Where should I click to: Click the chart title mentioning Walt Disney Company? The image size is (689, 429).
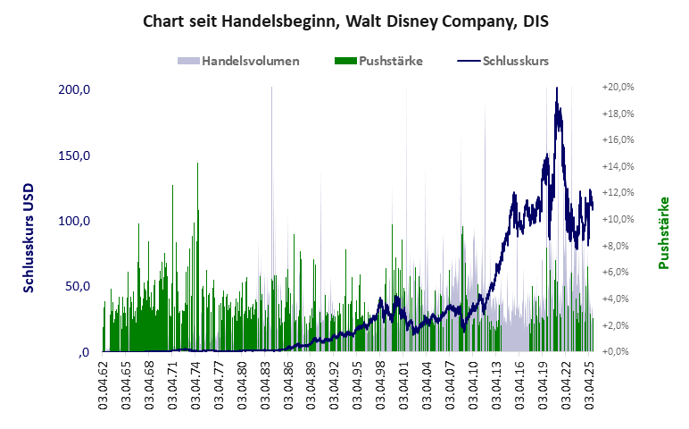[345, 21]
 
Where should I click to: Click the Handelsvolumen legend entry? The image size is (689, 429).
[238, 62]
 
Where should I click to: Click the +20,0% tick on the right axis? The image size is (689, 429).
[618, 88]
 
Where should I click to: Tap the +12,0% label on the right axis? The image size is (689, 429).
[618, 193]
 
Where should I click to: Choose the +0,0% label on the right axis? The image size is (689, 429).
[618, 351]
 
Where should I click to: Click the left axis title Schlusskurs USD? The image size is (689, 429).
[29, 233]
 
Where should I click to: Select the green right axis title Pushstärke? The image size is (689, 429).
[663, 233]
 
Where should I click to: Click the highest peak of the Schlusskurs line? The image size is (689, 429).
[556, 88]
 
